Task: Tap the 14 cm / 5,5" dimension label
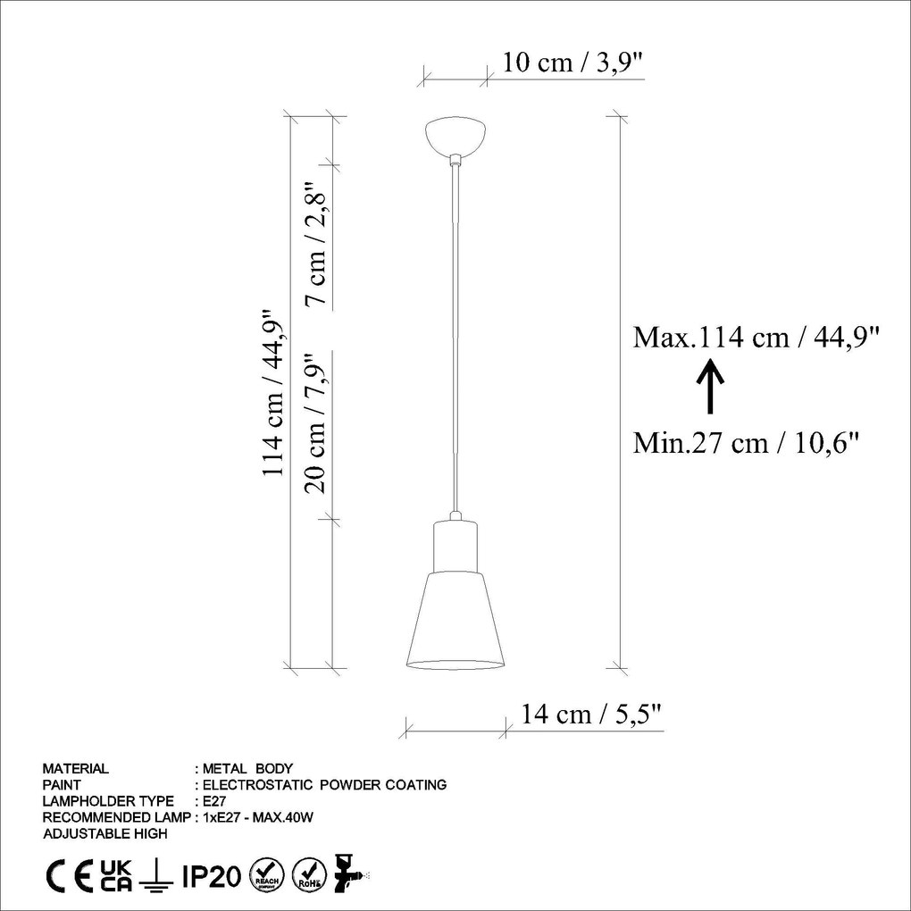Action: point(590,715)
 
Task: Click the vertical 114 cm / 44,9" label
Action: point(273,394)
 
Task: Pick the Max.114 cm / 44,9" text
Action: point(756,337)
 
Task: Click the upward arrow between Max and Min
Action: point(710,386)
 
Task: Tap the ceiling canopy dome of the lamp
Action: point(455,136)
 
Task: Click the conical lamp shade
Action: point(455,621)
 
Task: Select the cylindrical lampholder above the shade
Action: point(455,546)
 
